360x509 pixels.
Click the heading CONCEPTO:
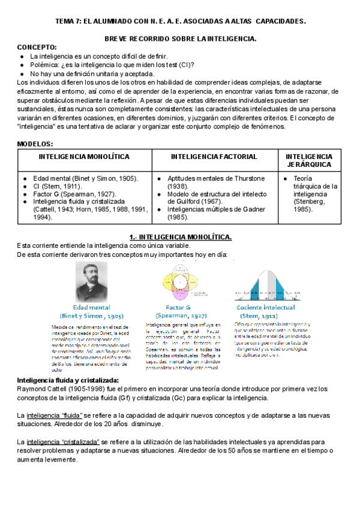(x=37, y=47)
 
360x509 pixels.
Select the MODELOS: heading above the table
(x=35, y=144)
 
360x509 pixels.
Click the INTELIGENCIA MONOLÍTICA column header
(x=84, y=157)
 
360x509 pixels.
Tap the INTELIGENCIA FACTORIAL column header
(x=214, y=157)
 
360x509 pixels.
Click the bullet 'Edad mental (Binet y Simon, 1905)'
(x=85, y=178)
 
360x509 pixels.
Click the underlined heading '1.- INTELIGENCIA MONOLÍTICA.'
(x=181, y=237)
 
